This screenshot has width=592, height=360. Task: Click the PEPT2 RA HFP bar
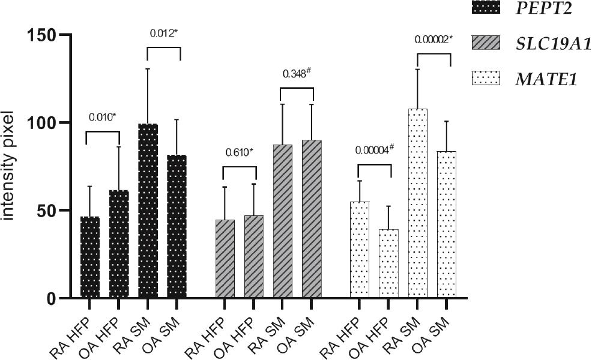[90, 258]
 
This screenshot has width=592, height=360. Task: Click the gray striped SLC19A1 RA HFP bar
[225, 259]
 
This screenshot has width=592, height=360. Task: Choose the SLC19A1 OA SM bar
[312, 219]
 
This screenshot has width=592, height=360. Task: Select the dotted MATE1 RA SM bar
[417, 204]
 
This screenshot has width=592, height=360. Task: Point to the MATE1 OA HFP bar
[388, 264]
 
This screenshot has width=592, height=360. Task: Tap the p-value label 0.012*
[163, 34]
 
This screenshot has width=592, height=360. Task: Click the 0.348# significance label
[297, 74]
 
